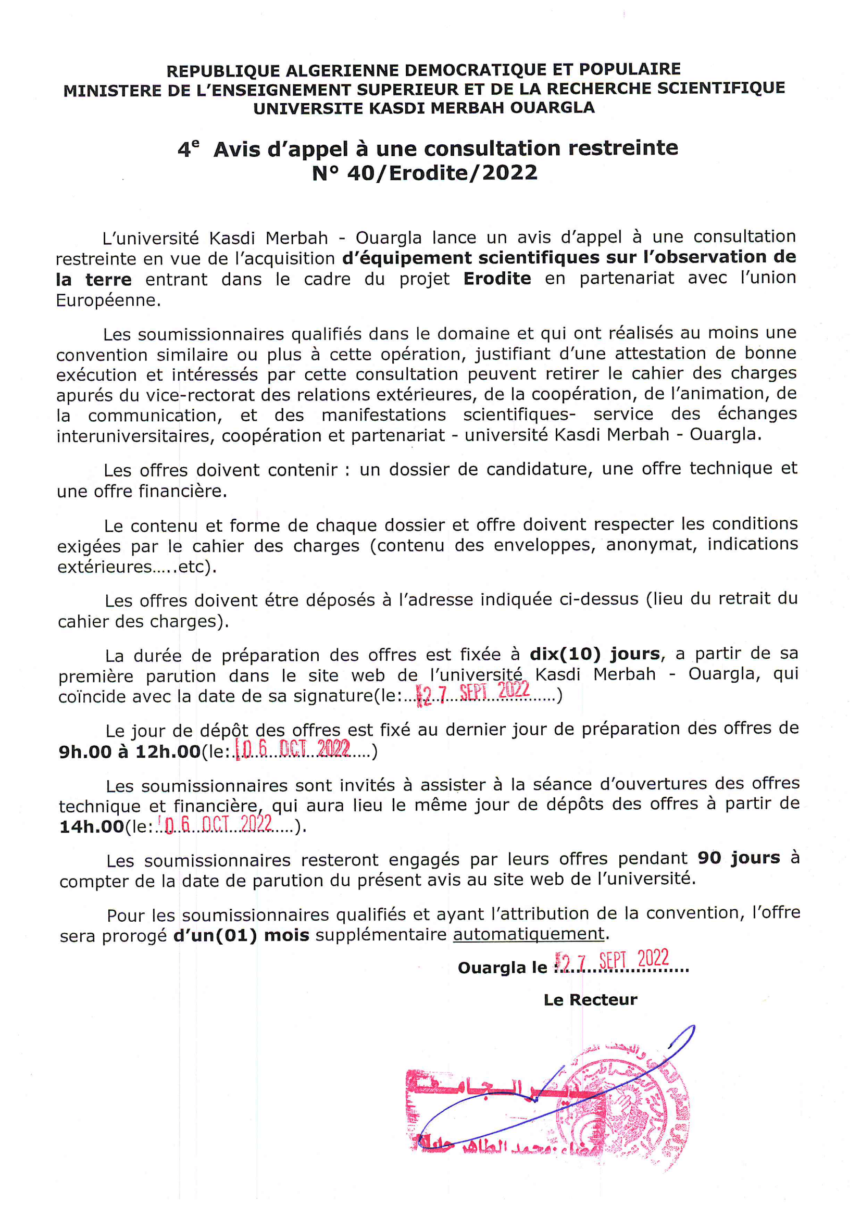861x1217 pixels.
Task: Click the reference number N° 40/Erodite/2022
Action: pyautogui.click(x=425, y=173)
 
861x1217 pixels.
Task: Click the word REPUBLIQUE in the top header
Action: pyautogui.click(x=223, y=70)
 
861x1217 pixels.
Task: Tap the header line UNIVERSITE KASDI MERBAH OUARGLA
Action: pyautogui.click(x=424, y=108)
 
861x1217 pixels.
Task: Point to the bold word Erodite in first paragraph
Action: pyautogui.click(x=497, y=279)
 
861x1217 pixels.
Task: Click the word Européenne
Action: pyautogui.click(x=108, y=300)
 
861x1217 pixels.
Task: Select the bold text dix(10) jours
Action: pyautogui.click(x=595, y=654)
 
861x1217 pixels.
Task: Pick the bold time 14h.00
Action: pyautogui.click(x=91, y=826)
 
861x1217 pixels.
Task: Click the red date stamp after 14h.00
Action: pyautogui.click(x=218, y=824)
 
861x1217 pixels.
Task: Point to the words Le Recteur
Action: pyautogui.click(x=590, y=1000)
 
